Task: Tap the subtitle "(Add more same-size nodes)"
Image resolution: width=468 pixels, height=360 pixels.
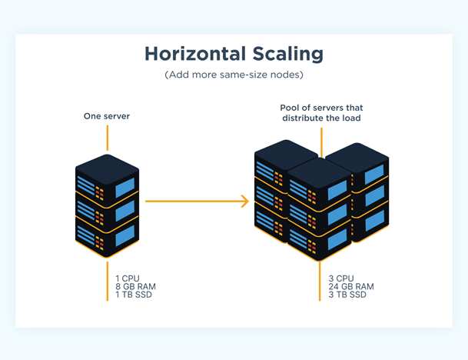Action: click(234, 76)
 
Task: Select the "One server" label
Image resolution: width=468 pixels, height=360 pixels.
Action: click(107, 116)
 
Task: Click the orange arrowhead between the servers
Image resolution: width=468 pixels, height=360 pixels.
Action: click(245, 202)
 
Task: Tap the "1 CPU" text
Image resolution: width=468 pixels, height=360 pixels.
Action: click(128, 278)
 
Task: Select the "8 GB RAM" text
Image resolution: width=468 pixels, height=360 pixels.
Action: click(135, 286)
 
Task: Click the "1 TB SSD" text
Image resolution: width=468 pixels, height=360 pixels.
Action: click(134, 295)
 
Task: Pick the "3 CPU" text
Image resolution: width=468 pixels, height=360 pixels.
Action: click(341, 278)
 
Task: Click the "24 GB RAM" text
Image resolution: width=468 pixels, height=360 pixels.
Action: click(350, 286)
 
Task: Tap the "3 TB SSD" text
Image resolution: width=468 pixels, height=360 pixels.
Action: click(347, 295)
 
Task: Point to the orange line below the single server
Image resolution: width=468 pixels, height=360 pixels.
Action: click(108, 281)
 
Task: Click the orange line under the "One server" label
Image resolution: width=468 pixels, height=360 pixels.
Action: click(108, 138)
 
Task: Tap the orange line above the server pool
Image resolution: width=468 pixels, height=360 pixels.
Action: click(320, 142)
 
